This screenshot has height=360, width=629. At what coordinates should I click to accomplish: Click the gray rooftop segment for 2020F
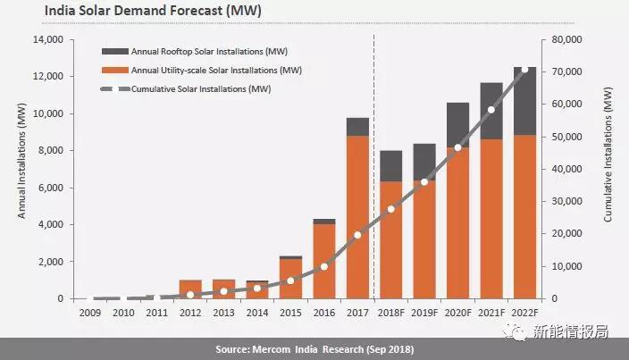coord(458,125)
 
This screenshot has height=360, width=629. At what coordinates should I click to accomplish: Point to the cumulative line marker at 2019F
coord(425,182)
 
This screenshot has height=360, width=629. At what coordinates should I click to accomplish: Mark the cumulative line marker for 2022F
coord(525,69)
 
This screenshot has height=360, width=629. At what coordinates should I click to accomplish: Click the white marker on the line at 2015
coord(290,280)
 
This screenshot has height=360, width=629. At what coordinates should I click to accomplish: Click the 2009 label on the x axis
coord(89,313)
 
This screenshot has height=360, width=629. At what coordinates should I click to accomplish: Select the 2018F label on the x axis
coord(391,313)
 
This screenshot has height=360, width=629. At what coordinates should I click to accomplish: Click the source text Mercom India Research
coord(314,347)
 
